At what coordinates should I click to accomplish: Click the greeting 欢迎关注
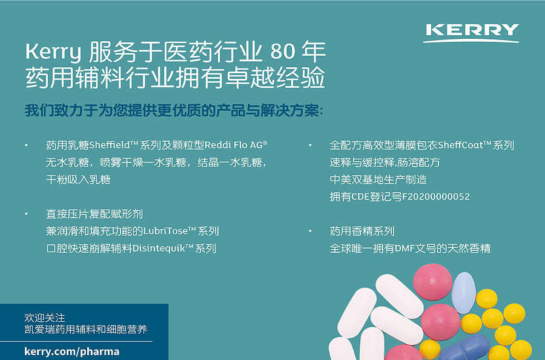(x=44, y=318)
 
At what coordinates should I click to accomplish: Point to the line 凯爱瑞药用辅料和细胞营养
(x=85, y=330)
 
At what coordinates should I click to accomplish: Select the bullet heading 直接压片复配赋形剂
(x=94, y=214)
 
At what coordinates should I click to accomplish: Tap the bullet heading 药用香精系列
(x=362, y=231)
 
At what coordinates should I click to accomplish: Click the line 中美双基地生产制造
(x=378, y=179)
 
